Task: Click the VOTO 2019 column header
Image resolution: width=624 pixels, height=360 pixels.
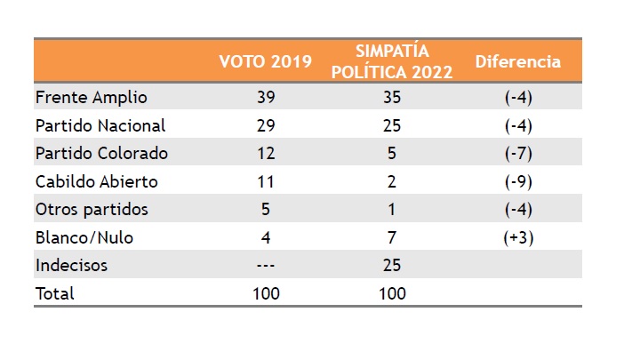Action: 266,62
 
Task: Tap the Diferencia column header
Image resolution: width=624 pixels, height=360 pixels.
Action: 518,62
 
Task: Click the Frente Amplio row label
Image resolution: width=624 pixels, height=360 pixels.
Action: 91,97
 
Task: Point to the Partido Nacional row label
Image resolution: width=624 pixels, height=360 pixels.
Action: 100,125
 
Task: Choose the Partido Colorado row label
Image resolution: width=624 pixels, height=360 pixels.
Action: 101,153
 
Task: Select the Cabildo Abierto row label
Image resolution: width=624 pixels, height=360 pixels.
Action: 96,181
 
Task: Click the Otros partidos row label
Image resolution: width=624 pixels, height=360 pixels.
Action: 92,210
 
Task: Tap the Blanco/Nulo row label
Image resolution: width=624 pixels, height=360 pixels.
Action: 84,237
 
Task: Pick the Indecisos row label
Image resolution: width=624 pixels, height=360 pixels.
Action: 71,265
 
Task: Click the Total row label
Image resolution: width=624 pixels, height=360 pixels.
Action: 55,293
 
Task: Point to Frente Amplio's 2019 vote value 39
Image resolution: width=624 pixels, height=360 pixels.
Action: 266,97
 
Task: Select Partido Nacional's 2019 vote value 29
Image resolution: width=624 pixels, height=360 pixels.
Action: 266,125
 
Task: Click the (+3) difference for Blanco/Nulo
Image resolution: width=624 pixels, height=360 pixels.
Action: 518,237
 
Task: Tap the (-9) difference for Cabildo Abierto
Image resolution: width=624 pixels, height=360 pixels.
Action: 518,181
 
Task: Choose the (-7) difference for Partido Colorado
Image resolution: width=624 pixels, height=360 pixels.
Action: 518,153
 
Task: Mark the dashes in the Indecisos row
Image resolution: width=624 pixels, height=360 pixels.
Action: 266,265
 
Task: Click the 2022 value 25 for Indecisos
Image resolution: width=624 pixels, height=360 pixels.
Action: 392,265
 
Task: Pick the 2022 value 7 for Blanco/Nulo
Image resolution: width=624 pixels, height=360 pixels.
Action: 392,237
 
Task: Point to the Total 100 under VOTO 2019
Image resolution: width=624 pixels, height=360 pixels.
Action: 266,293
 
